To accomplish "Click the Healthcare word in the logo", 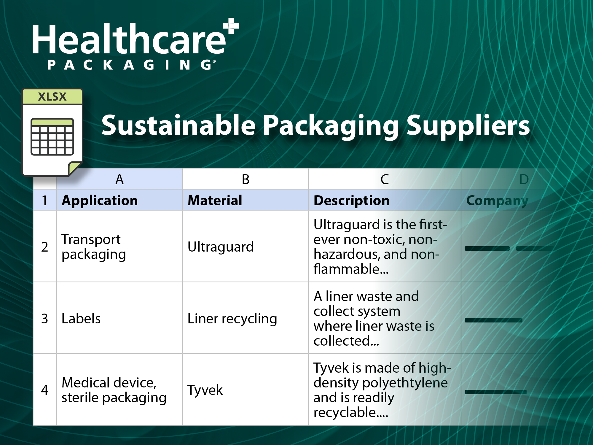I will [129, 39].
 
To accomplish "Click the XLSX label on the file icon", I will [52, 97].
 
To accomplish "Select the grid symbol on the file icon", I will [52, 137].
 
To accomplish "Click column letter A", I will [119, 179].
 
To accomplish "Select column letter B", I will [246, 179].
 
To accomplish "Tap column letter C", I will [385, 179].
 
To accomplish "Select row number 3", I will [44, 319].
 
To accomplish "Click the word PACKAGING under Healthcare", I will [130, 65].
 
